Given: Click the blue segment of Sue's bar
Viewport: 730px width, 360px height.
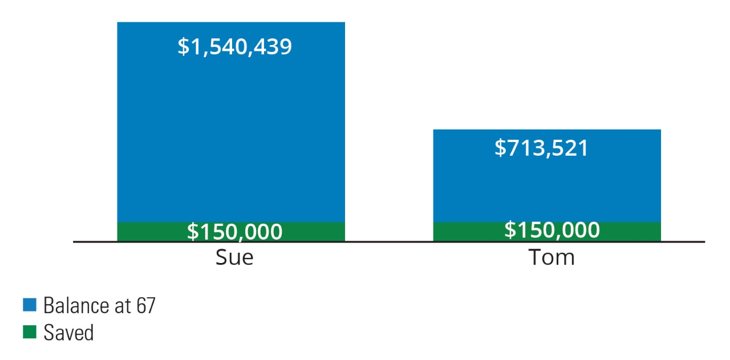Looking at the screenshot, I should [231, 131].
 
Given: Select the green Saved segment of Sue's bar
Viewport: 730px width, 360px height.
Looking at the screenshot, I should [143, 232].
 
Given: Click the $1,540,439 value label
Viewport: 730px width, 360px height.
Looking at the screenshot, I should [234, 46].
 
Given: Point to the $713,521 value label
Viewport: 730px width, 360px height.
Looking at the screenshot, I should [541, 148].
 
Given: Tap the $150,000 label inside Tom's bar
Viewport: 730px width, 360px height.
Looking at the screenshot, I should [552, 230].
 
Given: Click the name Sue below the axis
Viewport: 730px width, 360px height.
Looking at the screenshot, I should [234, 258].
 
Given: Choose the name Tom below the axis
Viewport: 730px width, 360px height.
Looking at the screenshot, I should [551, 258].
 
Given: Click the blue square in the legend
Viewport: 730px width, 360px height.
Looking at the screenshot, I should [29, 305].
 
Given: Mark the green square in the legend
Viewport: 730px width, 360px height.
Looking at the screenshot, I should [29, 331].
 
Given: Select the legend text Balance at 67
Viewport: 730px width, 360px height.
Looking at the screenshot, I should [99, 306].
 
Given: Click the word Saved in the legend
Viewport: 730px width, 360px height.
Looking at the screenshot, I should [68, 332].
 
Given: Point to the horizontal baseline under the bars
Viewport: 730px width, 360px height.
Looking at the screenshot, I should [388, 242].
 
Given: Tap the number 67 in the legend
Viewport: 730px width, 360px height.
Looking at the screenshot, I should [145, 306].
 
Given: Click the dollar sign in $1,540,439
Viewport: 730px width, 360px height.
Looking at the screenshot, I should [182, 47].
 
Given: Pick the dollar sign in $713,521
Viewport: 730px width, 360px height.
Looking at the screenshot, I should [500, 148].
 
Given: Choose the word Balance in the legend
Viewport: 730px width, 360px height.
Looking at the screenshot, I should [72, 306].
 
